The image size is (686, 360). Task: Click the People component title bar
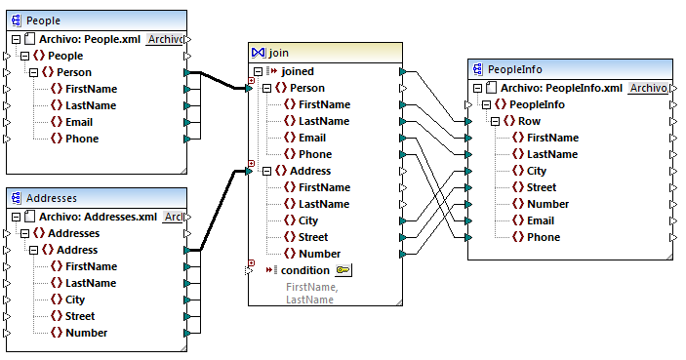click(x=43, y=20)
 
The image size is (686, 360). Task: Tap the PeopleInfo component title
click(x=514, y=69)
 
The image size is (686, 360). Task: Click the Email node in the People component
click(x=80, y=122)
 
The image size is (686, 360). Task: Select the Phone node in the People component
click(x=82, y=139)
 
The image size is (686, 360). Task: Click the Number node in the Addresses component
click(x=86, y=333)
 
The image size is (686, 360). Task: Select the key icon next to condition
click(x=343, y=270)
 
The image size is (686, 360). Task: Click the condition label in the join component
click(x=304, y=270)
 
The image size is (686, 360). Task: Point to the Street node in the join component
click(x=314, y=237)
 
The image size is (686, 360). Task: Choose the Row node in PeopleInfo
click(x=529, y=121)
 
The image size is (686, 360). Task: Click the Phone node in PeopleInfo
click(x=544, y=237)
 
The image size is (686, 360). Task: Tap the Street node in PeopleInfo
click(x=543, y=187)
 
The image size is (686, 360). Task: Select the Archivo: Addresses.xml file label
click(x=98, y=217)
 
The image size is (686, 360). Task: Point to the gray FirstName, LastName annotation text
click(x=311, y=294)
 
